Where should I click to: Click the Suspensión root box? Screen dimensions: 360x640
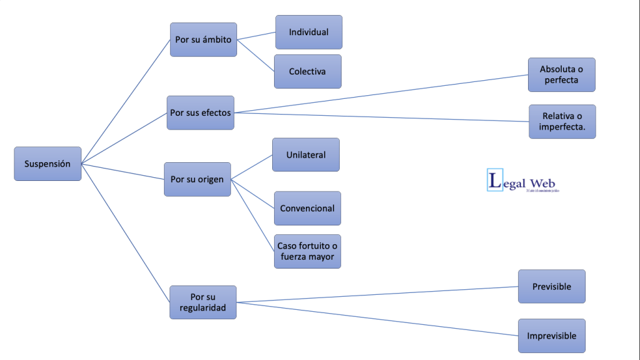click(x=48, y=164)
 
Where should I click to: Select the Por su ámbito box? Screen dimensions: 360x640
click(x=203, y=39)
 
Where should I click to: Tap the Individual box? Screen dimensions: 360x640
click(x=308, y=32)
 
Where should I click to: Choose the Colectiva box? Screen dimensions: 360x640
click(x=308, y=71)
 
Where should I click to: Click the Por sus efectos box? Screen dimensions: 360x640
click(x=200, y=113)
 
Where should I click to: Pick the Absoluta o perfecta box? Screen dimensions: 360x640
click(x=561, y=75)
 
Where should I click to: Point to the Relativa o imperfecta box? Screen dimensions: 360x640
click(x=562, y=121)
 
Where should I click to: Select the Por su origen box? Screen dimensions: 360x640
click(x=197, y=179)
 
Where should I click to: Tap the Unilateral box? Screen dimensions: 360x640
click(x=306, y=155)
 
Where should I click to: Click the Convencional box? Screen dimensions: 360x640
click(x=307, y=208)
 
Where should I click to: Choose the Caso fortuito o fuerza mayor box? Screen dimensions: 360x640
click(x=307, y=251)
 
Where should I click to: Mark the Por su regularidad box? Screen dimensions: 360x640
click(x=203, y=302)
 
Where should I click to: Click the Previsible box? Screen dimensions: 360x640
click(x=551, y=286)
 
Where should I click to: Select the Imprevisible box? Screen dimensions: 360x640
click(x=551, y=336)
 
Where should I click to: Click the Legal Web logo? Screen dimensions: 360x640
click(x=522, y=181)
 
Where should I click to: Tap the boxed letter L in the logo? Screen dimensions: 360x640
click(x=495, y=181)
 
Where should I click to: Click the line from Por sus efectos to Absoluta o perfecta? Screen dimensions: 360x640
click(x=382, y=94)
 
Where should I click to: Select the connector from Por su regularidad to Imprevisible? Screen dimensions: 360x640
click(x=375, y=319)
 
